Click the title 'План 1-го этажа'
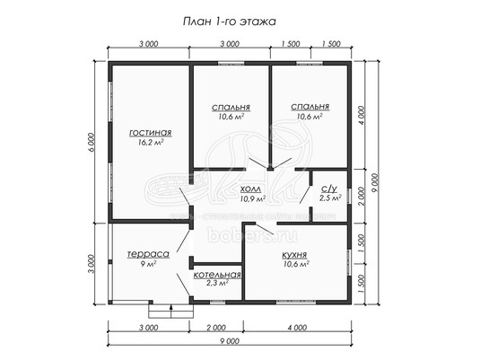click(x=230, y=22)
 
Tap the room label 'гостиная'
click(x=151, y=133)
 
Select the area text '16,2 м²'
click(x=151, y=142)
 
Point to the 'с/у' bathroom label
click(x=328, y=189)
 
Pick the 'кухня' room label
click(x=294, y=255)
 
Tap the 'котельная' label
click(x=217, y=275)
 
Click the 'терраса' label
click(x=148, y=254)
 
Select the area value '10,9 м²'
click(x=252, y=198)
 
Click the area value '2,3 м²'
click(x=217, y=283)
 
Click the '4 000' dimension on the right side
click(x=362, y=115)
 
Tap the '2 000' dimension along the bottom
click(x=216, y=328)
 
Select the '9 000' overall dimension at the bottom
click(x=230, y=340)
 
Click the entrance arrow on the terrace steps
click(x=170, y=311)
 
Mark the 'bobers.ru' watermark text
click(x=252, y=235)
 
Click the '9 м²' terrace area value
click(x=148, y=264)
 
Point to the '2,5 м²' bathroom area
click(x=330, y=198)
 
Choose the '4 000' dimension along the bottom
click(x=297, y=328)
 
